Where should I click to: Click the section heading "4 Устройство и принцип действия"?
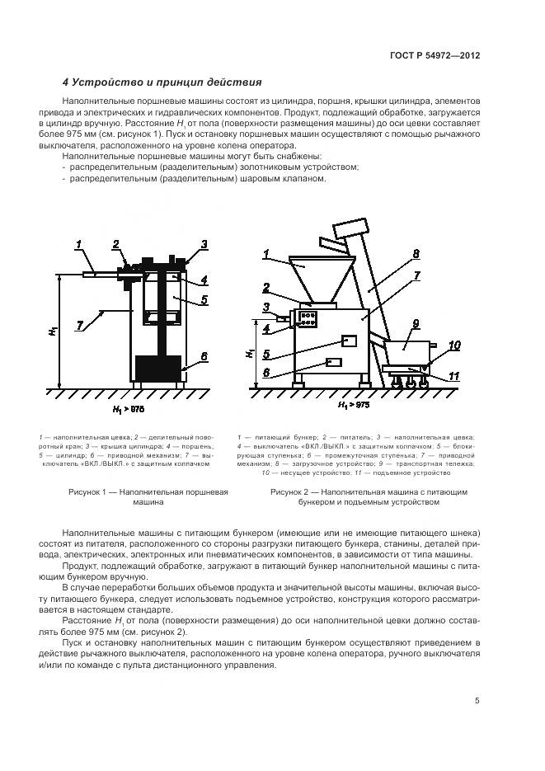[x=162, y=82]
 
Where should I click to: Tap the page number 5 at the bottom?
[x=477, y=701]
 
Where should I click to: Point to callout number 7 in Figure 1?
[x=79, y=326]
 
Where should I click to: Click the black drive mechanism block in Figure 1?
[x=157, y=368]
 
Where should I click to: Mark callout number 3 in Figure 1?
[x=203, y=244]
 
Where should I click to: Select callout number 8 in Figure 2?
[x=416, y=253]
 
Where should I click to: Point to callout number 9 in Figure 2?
[x=416, y=324]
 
